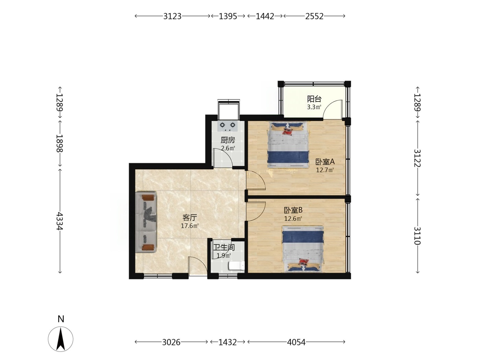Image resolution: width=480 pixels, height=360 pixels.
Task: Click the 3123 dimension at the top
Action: (172, 16)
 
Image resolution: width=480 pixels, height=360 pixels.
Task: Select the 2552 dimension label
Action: (314, 16)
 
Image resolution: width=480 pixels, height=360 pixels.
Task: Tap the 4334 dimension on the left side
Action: (59, 221)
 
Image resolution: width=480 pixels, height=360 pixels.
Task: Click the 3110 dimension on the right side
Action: (418, 236)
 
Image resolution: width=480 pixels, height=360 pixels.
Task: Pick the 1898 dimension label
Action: (59, 143)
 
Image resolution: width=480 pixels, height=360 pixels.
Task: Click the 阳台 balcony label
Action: (314, 99)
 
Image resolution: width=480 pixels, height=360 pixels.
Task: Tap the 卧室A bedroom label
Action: (325, 162)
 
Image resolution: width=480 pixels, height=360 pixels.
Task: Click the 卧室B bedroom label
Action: (293, 210)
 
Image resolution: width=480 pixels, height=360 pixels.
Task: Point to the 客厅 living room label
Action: (190, 217)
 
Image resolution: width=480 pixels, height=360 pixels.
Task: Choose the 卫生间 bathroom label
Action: (224, 248)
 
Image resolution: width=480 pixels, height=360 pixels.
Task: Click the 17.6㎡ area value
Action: (190, 226)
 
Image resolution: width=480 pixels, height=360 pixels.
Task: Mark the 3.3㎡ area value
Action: (314, 107)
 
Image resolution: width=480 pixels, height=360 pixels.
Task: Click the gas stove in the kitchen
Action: (228, 126)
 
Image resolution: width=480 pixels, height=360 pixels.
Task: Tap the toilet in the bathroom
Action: (237, 266)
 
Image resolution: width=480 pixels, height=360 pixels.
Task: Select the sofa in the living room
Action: (146, 222)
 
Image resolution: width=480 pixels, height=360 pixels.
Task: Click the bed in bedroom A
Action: (288, 145)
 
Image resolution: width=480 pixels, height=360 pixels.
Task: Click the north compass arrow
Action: (61, 339)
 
